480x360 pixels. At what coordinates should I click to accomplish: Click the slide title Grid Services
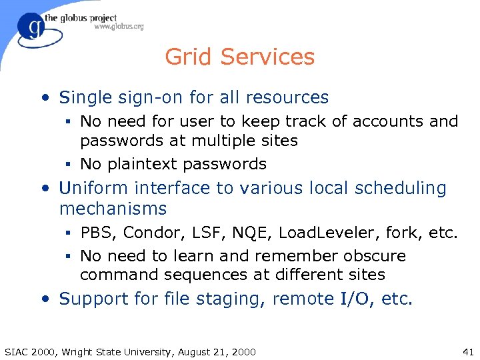click(x=239, y=57)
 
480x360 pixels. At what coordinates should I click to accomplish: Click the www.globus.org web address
click(x=119, y=27)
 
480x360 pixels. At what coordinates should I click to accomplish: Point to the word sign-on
click(x=149, y=97)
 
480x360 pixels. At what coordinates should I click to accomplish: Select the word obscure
click(x=375, y=256)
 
